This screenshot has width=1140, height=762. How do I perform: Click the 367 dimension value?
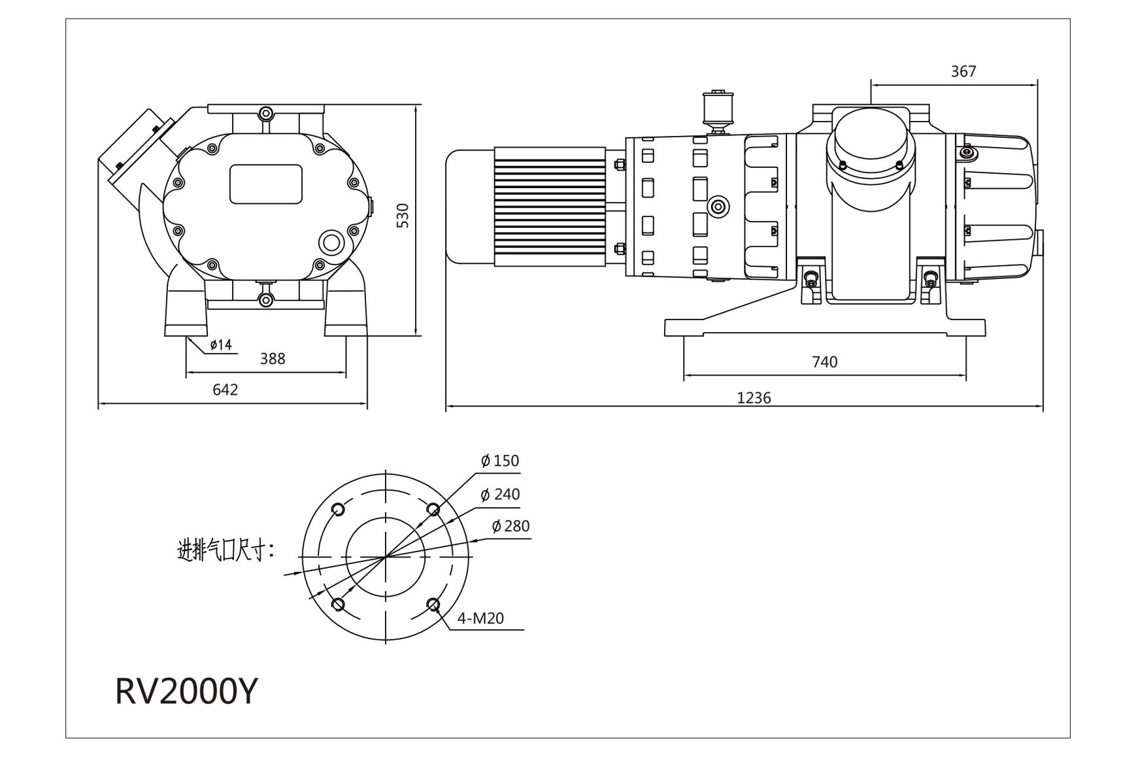[962, 71]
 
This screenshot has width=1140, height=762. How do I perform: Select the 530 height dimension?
[403, 216]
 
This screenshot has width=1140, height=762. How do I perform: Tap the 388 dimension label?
[272, 359]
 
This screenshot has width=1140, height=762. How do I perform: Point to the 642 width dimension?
[225, 390]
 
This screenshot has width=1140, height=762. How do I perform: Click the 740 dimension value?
[824, 362]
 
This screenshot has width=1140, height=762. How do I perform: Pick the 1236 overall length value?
[754, 398]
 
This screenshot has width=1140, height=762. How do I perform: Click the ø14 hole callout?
[221, 345]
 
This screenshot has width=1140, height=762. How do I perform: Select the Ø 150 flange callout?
[500, 461]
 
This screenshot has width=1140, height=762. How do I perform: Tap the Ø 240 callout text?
[500, 495]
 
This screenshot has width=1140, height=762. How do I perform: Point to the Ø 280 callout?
[511, 526]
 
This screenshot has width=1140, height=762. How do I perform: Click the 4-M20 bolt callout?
[480, 618]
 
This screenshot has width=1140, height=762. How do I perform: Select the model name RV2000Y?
[187, 691]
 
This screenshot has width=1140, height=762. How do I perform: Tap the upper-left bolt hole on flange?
[338, 510]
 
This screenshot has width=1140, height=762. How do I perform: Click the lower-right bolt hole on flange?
[433, 604]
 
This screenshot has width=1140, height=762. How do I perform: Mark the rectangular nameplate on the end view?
[265, 184]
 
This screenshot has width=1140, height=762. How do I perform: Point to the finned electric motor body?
[549, 207]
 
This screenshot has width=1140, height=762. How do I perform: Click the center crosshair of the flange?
[386, 557]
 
